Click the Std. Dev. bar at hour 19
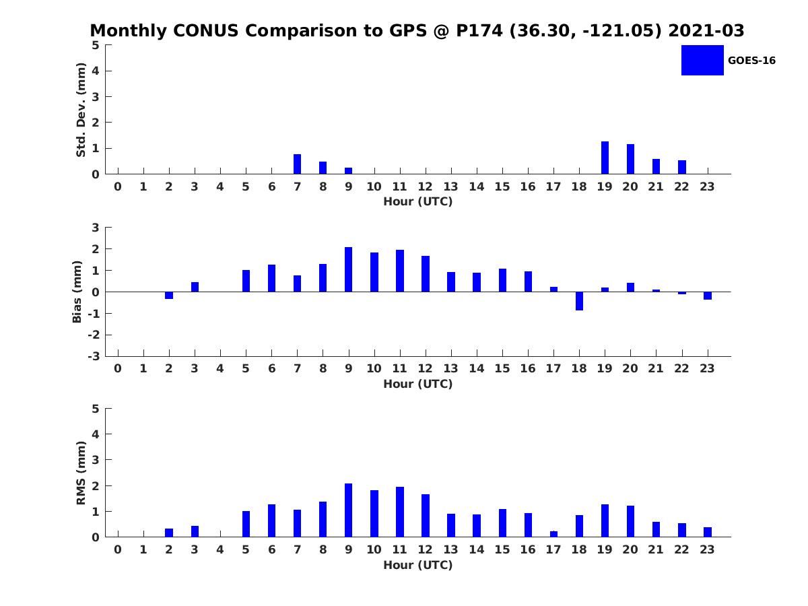[605, 158]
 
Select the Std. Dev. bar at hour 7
[297, 164]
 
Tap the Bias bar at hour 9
[348, 269]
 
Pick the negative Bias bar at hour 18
[579, 301]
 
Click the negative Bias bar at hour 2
[169, 295]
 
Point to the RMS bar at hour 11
[400, 512]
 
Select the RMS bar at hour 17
[553, 534]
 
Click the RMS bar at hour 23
[708, 532]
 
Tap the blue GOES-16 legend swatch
[702, 61]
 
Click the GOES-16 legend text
[751, 61]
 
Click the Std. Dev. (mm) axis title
[81, 110]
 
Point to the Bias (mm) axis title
[77, 292]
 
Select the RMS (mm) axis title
[81, 473]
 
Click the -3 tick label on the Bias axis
[94, 356]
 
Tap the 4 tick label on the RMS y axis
[96, 434]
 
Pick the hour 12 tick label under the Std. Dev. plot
[425, 187]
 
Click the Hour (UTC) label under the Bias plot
[418, 384]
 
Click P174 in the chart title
[479, 30]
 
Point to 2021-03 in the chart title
[706, 30]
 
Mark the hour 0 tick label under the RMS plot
[118, 549]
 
